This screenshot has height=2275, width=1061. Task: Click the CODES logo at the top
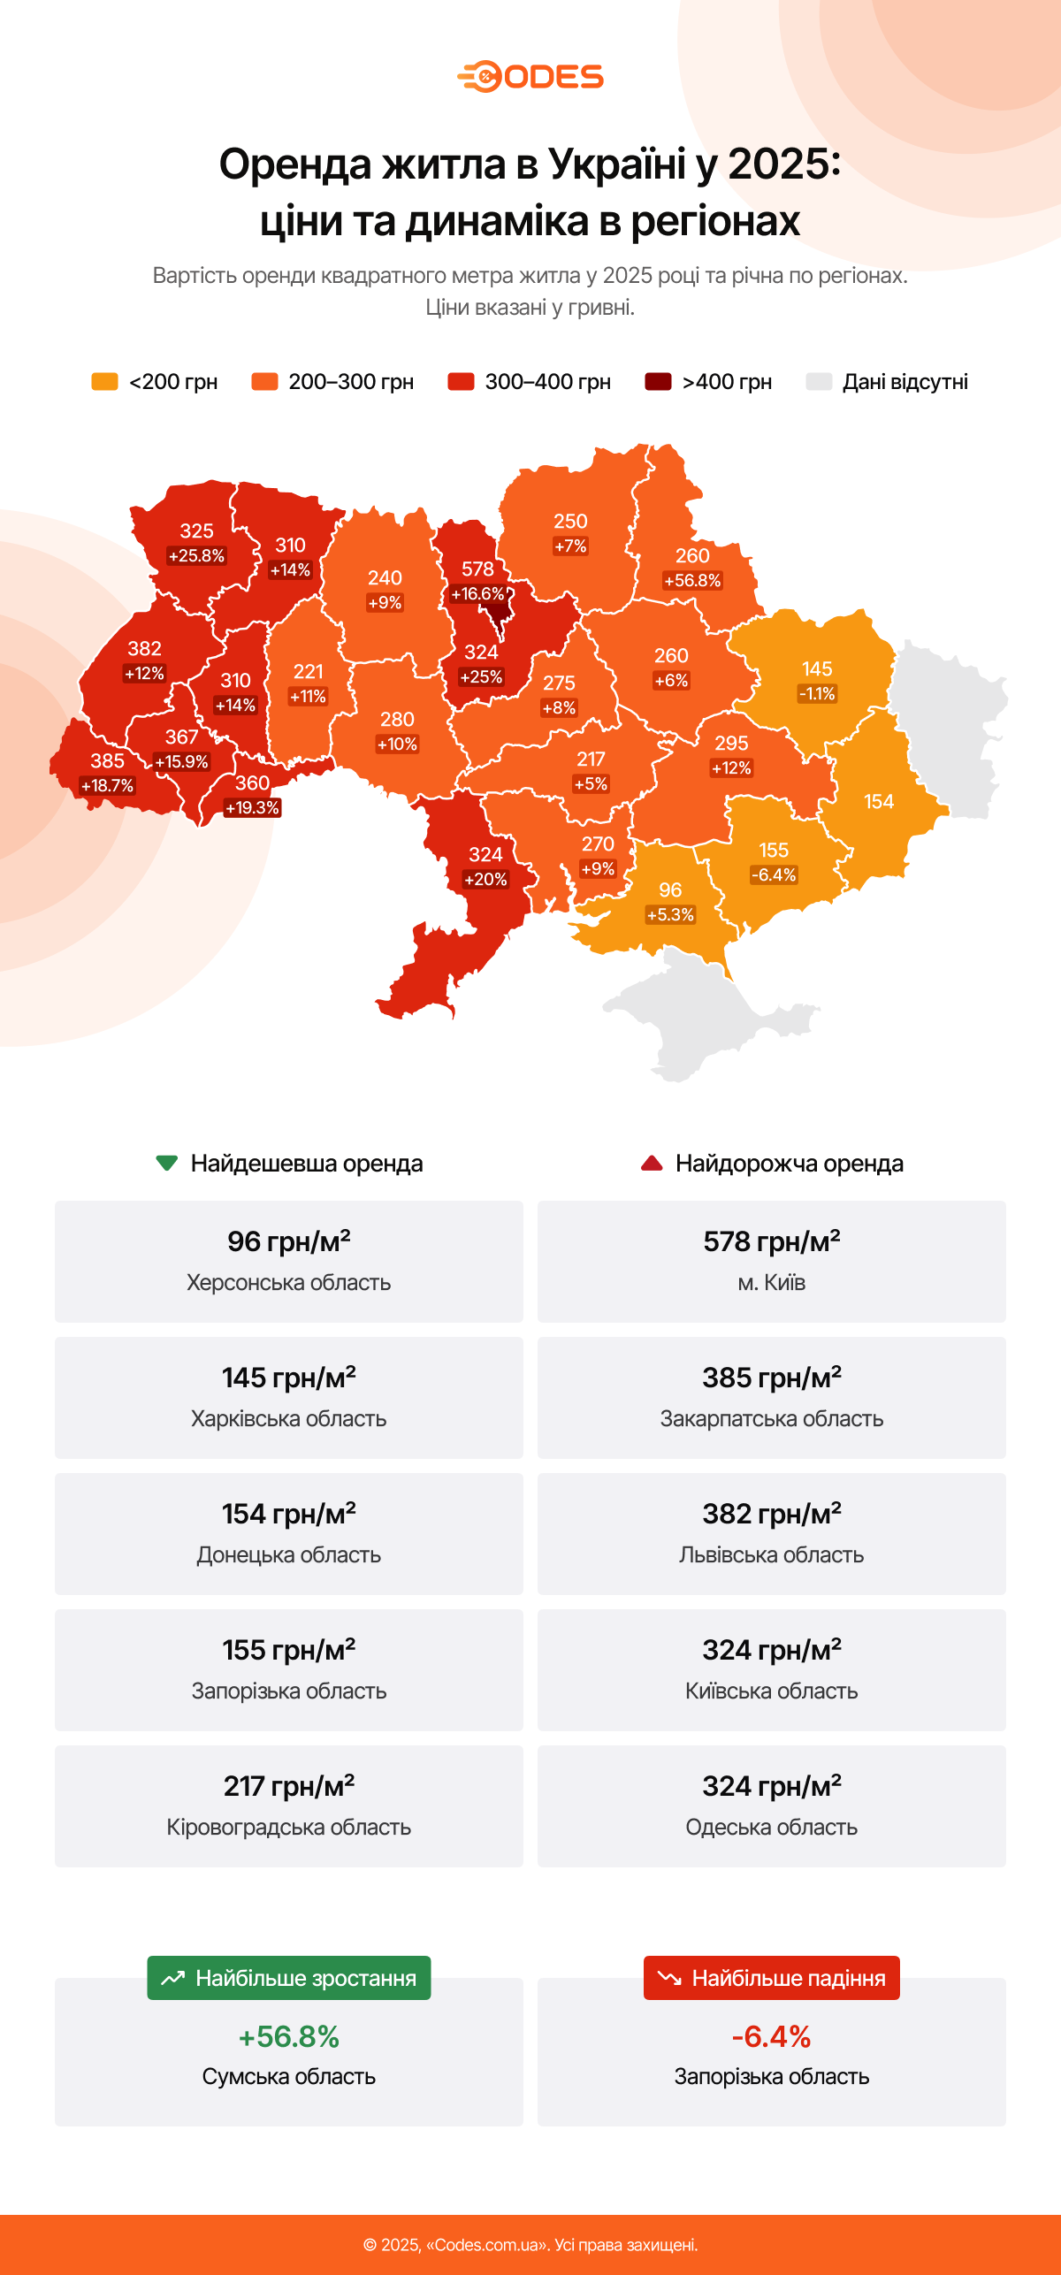(530, 77)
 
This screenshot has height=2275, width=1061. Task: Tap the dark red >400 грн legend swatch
(658, 382)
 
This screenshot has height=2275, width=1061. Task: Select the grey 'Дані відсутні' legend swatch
(819, 382)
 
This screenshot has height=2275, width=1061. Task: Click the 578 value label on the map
(477, 569)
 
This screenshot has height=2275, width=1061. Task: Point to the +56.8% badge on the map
(692, 581)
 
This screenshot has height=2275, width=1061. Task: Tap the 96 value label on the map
(670, 889)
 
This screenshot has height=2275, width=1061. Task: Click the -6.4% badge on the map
(774, 875)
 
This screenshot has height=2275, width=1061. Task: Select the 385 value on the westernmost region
(107, 761)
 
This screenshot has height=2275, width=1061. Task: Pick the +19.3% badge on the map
(252, 808)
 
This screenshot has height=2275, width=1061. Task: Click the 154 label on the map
(879, 802)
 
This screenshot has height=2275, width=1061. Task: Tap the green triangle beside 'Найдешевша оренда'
(166, 1163)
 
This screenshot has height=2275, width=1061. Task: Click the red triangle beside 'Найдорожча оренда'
(652, 1163)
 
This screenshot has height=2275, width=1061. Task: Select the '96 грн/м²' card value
(288, 1241)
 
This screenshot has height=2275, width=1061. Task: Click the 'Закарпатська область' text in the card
(771, 1418)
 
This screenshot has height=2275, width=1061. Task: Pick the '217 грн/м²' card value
(288, 1786)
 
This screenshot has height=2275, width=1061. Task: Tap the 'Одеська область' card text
(771, 1827)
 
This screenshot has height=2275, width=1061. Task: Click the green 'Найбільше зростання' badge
(289, 1978)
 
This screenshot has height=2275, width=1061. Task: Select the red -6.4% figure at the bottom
(771, 2036)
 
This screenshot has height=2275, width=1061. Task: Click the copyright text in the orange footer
(530, 2245)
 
